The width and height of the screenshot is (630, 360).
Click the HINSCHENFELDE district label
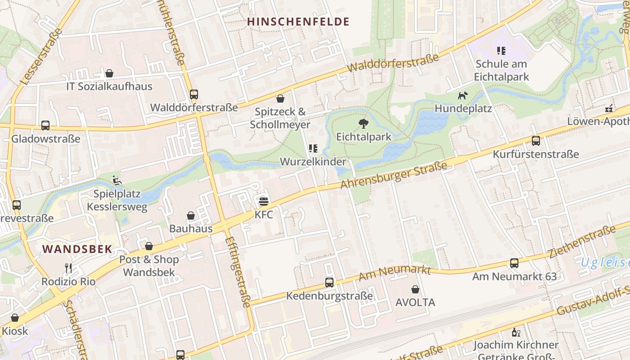point(298,22)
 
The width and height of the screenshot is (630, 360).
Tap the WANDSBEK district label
point(77,249)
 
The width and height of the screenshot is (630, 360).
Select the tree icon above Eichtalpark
point(363,124)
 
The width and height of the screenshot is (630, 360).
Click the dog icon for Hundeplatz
point(463,95)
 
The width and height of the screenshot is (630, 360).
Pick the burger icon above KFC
point(264,202)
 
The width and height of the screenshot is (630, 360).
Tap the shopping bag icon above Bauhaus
point(191,216)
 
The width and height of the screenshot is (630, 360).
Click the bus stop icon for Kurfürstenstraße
point(535,141)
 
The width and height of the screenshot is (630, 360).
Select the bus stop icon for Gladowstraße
point(45,126)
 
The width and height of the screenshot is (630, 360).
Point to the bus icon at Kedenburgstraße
point(329,283)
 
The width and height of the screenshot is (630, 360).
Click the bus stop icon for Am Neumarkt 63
point(514,263)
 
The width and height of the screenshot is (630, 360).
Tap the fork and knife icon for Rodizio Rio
point(68,268)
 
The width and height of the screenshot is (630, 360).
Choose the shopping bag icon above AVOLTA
point(415,289)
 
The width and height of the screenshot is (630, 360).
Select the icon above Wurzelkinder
point(313,148)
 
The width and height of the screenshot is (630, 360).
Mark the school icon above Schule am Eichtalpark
point(501,51)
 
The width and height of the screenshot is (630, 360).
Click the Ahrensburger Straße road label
point(394,175)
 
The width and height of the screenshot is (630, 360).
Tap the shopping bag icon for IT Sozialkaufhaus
point(109,73)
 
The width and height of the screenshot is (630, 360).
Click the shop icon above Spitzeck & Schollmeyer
point(280,99)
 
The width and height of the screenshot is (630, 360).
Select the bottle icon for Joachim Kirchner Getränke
point(516,333)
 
